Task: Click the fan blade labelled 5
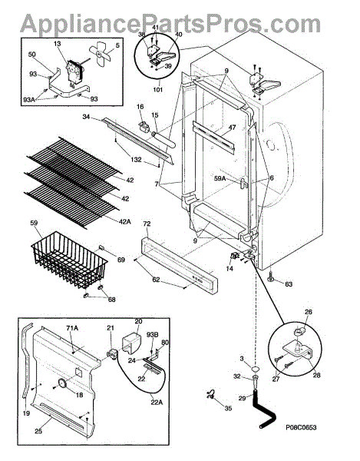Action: tap(101, 53)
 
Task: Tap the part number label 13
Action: tap(58, 44)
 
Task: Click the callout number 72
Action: tap(147, 224)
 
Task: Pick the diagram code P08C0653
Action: tap(301, 427)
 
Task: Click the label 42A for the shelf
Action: tap(125, 222)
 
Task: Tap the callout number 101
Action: tap(157, 89)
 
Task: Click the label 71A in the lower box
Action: tap(71, 328)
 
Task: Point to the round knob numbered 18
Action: tap(62, 383)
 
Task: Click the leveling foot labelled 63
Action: tap(270, 276)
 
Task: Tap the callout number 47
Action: tap(233, 128)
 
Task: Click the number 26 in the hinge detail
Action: tap(309, 312)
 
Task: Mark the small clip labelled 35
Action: tap(210, 395)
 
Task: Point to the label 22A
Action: tap(157, 403)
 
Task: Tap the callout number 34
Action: tap(86, 117)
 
